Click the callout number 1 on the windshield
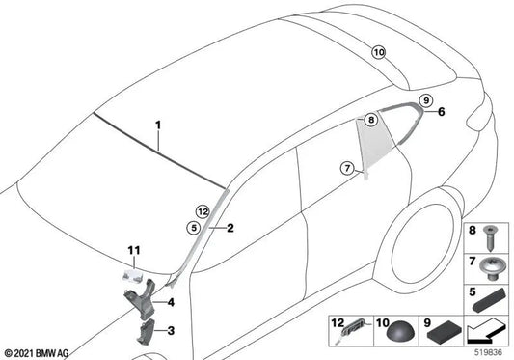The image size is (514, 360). pos(159,125)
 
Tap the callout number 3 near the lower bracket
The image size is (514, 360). pos(172,331)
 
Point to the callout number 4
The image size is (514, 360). pos(171,302)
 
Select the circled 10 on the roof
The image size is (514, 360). pos(378,52)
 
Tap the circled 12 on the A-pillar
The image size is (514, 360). pos(201,210)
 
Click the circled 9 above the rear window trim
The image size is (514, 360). pos(425,100)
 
